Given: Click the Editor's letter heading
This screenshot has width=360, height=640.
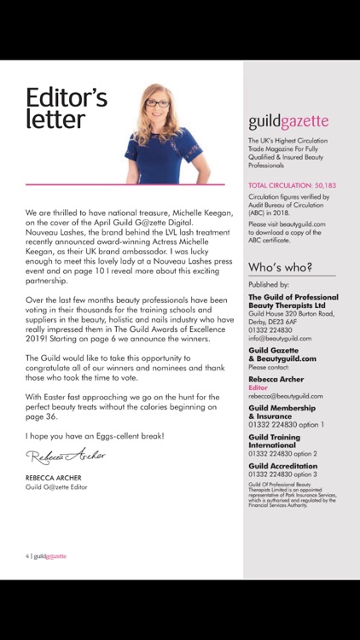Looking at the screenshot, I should pyautogui.click(x=67, y=108).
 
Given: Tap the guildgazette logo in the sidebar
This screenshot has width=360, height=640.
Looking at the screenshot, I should pyautogui.click(x=287, y=122).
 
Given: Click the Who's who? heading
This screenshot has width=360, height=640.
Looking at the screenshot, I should pyautogui.click(x=280, y=267).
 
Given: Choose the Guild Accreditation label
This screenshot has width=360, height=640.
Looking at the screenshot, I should pyautogui.click(x=283, y=466).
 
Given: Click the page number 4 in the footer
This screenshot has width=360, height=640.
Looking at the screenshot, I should pyautogui.click(x=26, y=556).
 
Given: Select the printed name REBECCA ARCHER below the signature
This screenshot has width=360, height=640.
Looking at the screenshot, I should pyautogui.click(x=55, y=478).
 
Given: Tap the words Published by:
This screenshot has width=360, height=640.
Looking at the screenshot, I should pyautogui.click(x=269, y=284).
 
